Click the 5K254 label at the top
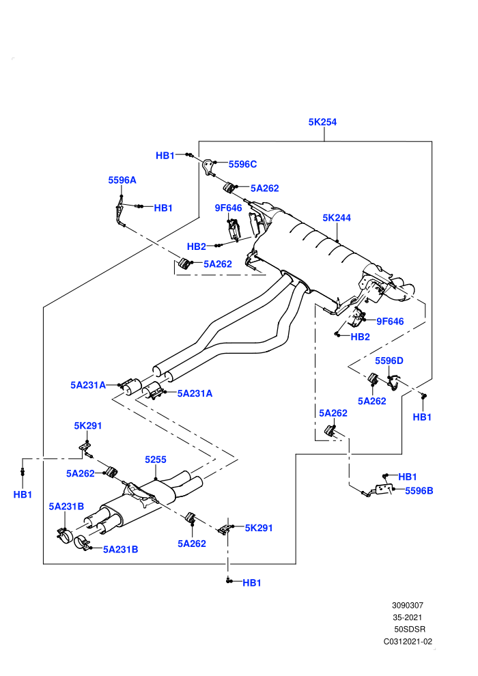point(322,122)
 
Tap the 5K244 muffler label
point(337,218)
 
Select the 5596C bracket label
point(242,165)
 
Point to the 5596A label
point(122,180)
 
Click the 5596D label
point(389,361)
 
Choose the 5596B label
point(419,491)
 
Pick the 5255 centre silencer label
point(156,460)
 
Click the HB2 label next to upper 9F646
point(197,247)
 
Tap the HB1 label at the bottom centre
point(252,583)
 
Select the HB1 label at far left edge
point(23,494)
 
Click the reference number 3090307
point(407,605)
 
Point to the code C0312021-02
point(408,641)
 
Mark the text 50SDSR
point(410,630)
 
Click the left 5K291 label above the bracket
point(88,425)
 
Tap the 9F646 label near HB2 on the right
point(390,321)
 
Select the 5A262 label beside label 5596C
point(265,188)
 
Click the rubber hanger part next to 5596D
point(373,378)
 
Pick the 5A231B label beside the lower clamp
point(121,549)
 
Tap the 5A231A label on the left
point(88,385)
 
